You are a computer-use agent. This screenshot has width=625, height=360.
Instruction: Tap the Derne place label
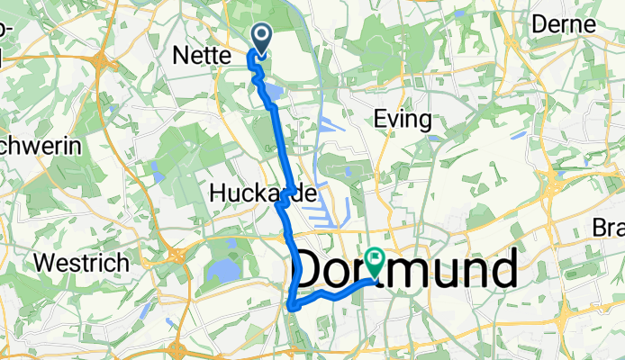(564, 24)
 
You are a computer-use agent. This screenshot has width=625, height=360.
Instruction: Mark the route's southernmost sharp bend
(292, 307)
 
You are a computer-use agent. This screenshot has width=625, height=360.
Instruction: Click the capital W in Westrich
(43, 264)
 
